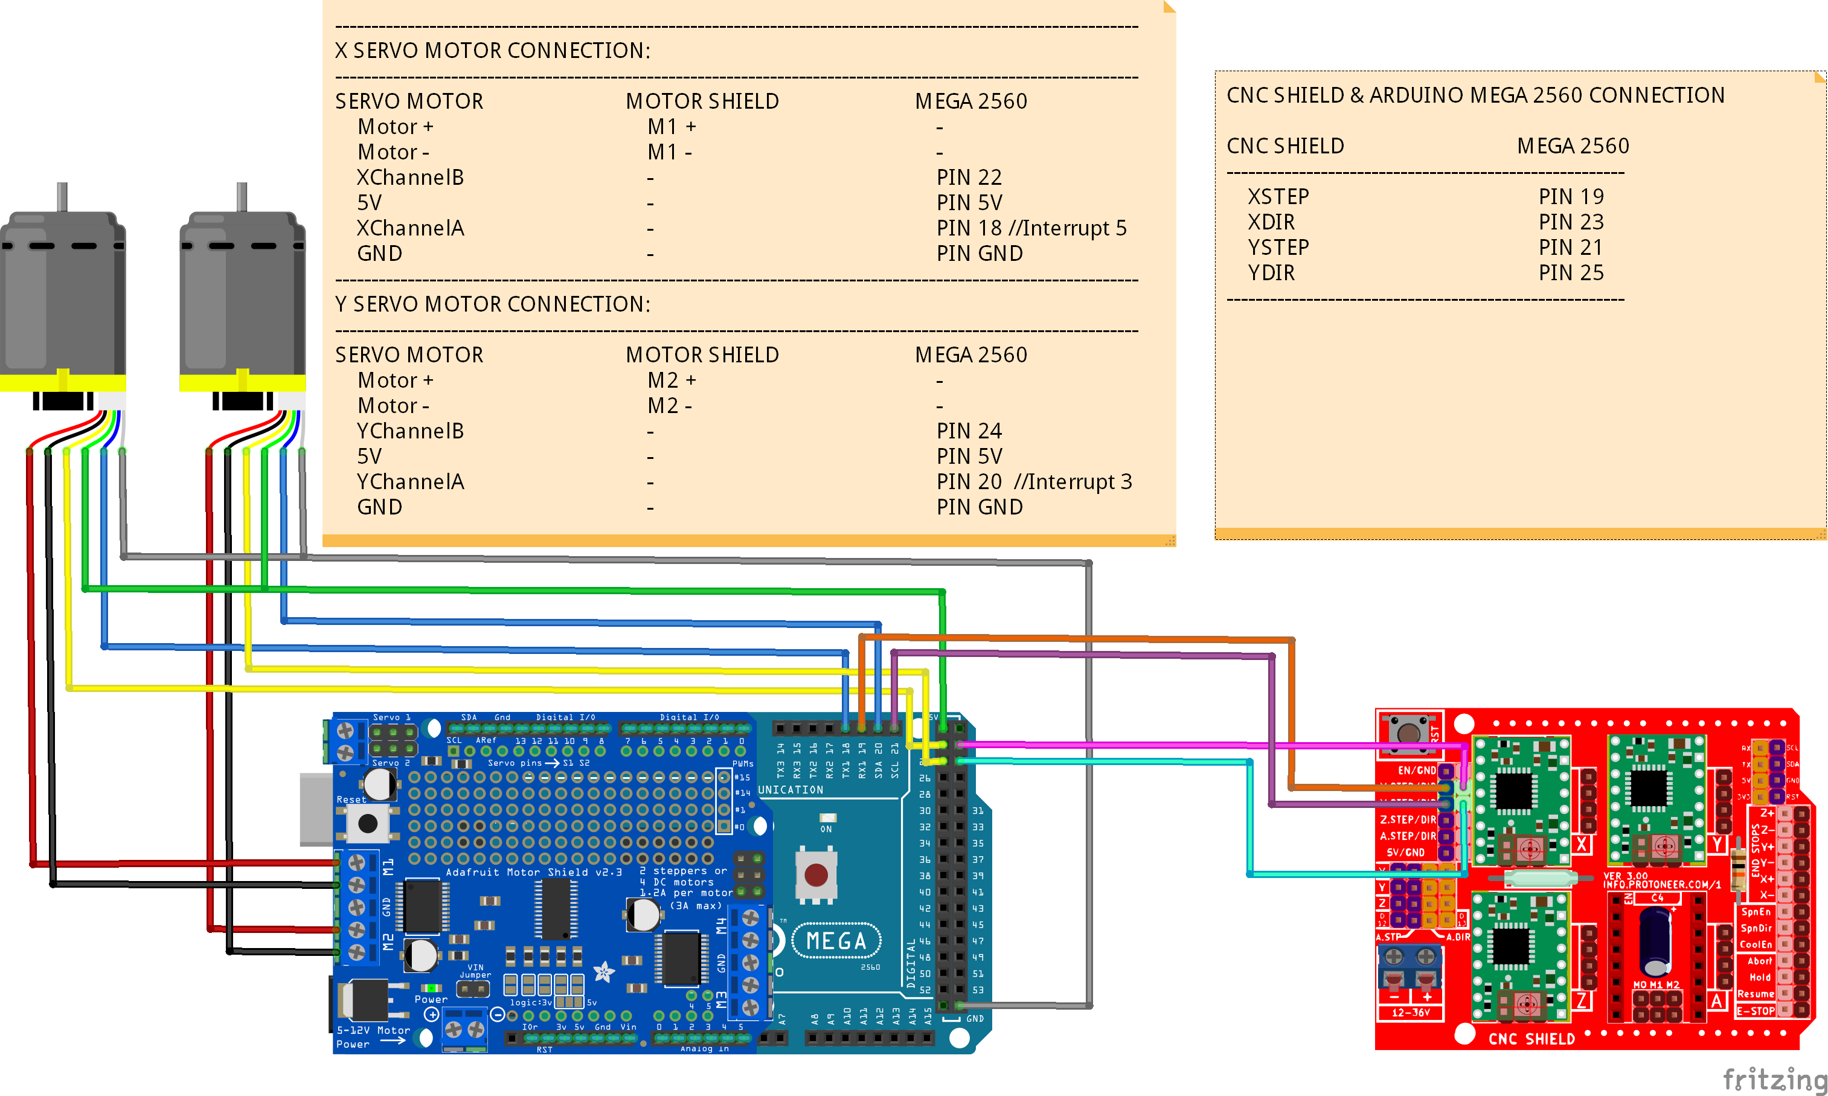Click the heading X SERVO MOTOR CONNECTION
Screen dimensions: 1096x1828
pyautogui.click(x=493, y=50)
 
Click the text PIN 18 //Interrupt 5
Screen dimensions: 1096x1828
pyautogui.click(x=1031, y=228)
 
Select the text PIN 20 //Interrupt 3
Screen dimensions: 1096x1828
pyautogui.click(x=1033, y=481)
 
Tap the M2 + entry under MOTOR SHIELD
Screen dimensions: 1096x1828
pyautogui.click(x=672, y=380)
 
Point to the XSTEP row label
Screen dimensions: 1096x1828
pyautogui.click(x=1278, y=196)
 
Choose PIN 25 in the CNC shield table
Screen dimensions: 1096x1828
pyautogui.click(x=1571, y=272)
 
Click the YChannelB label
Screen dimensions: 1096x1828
pyautogui.click(x=410, y=431)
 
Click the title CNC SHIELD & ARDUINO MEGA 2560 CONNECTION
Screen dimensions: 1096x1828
pyautogui.click(x=1475, y=95)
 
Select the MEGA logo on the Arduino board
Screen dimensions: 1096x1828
pyautogui.click(x=836, y=941)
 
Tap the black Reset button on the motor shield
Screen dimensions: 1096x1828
pyautogui.click(x=368, y=824)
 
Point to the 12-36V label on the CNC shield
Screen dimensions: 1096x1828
pyautogui.click(x=1410, y=1013)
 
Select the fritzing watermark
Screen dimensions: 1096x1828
pyautogui.click(x=1774, y=1079)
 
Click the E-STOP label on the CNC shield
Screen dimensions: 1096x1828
pyautogui.click(x=1755, y=1011)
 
